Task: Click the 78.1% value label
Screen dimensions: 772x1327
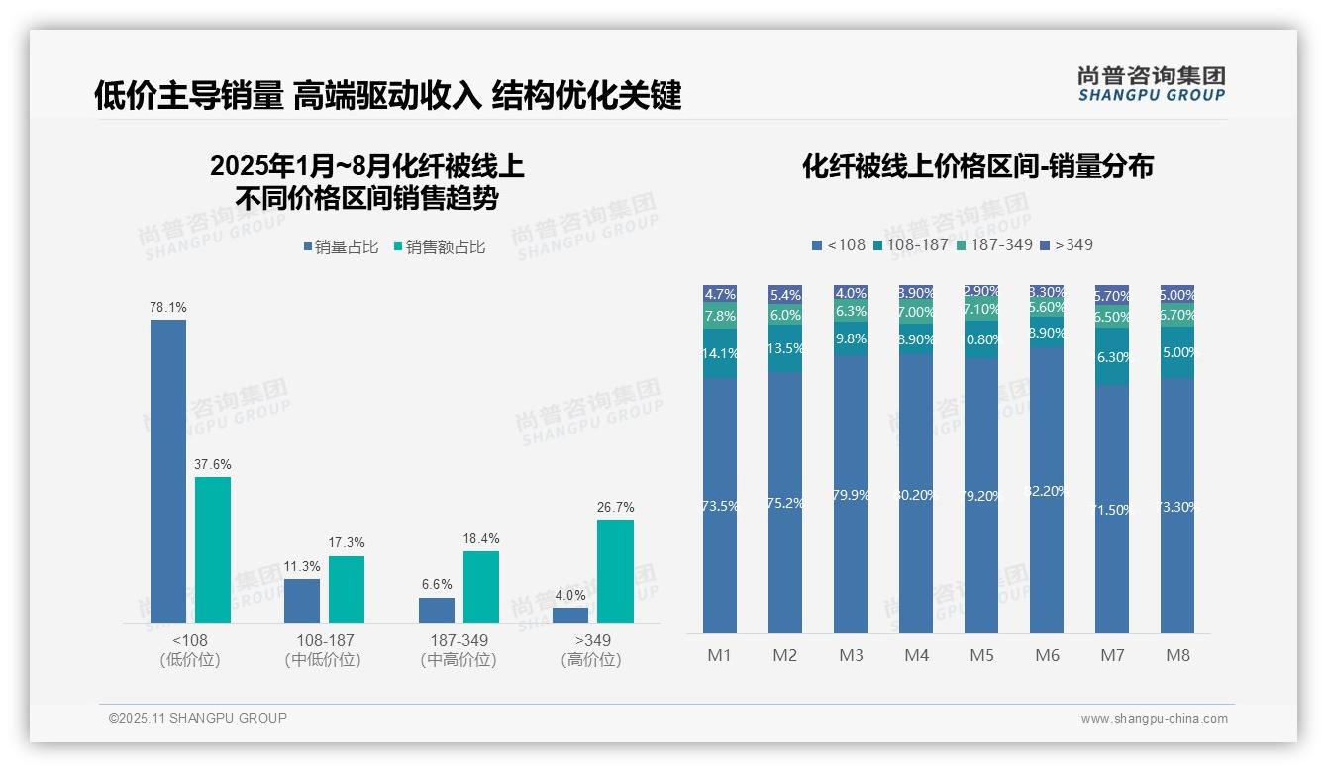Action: coord(167,308)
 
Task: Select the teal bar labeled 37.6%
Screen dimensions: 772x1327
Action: coord(213,549)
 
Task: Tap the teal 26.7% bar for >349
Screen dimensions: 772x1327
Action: coord(615,571)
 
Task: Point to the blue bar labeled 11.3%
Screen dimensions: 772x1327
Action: coord(302,601)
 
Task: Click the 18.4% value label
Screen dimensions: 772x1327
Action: coord(481,539)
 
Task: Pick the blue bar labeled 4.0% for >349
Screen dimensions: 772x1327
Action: coord(570,615)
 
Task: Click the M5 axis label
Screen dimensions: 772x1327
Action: coord(981,655)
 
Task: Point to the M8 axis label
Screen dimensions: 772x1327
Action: coord(1177,655)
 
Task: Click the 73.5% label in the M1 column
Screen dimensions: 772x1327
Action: coord(720,506)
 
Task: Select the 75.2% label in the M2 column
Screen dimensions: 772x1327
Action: coord(785,503)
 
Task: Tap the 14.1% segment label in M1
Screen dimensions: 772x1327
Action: coord(720,354)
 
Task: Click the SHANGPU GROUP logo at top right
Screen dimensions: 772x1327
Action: coord(1151,83)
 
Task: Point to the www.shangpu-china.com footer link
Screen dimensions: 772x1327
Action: coord(1154,719)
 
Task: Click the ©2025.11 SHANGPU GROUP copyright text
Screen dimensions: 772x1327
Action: coord(198,718)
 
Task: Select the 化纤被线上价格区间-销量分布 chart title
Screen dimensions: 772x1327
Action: coord(977,166)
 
